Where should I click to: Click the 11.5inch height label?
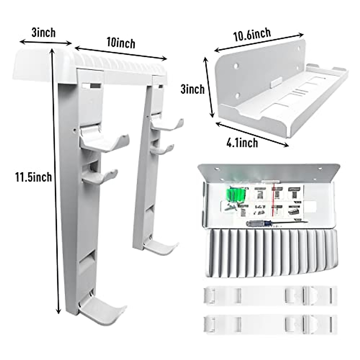34,177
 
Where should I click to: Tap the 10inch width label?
121,43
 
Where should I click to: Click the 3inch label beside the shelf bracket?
192,89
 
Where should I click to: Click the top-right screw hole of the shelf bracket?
299,49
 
